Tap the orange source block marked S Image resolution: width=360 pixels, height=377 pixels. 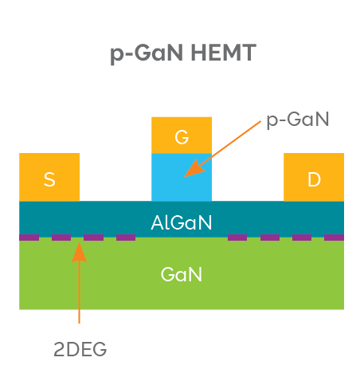coord(49,177)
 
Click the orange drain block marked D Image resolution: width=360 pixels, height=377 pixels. coord(314,177)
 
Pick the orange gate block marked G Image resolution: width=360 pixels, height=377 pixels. coord(182,135)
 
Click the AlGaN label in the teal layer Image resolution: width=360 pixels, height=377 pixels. coord(182,222)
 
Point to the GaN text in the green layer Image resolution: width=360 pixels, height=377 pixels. coord(182,275)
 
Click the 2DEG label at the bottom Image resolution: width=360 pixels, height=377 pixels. coord(80,349)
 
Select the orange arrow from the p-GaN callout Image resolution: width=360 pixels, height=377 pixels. coord(227,147)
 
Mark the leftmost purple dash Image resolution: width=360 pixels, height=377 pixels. coord(29,237)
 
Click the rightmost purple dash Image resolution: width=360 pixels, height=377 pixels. coord(335,237)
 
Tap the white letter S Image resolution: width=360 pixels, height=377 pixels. coord(49,179)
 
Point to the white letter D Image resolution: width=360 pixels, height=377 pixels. coord(314,179)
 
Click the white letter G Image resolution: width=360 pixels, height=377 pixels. coord(182,136)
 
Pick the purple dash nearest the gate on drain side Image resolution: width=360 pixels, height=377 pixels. coord(237,237)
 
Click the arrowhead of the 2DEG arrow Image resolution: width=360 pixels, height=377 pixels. coord(79,251)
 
